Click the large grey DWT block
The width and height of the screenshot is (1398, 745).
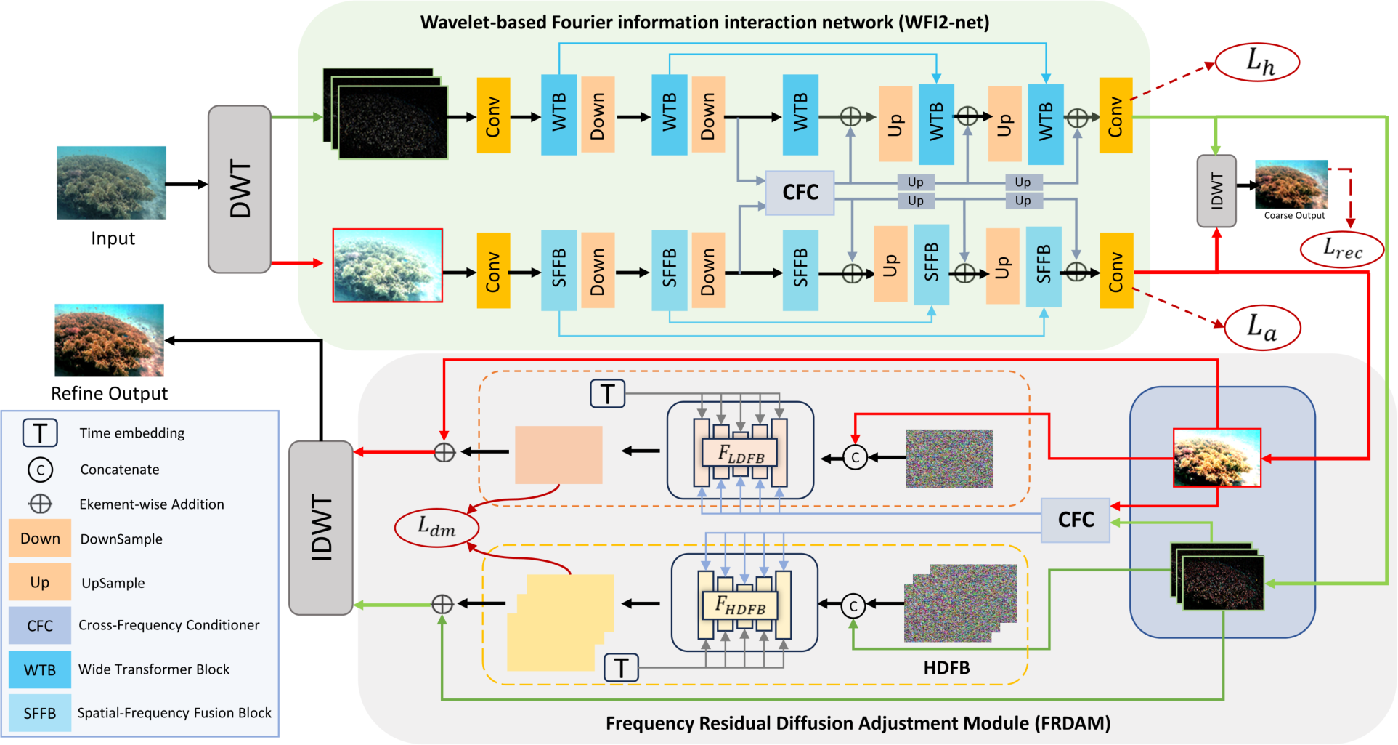pyautogui.click(x=240, y=189)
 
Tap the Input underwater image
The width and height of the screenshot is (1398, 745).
pyautogui.click(x=111, y=182)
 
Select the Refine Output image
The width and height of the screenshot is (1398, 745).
pyautogui.click(x=109, y=340)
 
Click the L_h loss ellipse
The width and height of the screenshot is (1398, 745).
pyautogui.click(x=1257, y=62)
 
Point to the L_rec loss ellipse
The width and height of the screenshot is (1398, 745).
pyautogui.click(x=1341, y=249)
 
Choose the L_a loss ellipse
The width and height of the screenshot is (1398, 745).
pyautogui.click(x=1262, y=327)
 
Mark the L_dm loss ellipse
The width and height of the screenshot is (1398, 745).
pyautogui.click(x=436, y=527)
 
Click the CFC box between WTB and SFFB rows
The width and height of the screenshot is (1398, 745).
pyautogui.click(x=800, y=193)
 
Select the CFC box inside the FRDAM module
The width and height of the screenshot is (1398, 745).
pyautogui.click(x=1075, y=520)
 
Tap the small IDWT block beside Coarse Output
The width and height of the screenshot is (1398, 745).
pyautogui.click(x=1216, y=190)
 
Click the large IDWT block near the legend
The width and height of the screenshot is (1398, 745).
pyautogui.click(x=321, y=528)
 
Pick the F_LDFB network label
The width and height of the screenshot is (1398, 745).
pyautogui.click(x=740, y=454)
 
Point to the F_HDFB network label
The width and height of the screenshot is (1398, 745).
pyautogui.click(x=740, y=605)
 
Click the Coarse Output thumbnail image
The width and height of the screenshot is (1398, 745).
pyautogui.click(x=1291, y=185)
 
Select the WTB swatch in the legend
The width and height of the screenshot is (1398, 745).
pyautogui.click(x=40, y=669)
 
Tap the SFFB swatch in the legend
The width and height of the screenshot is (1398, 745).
pyautogui.click(x=40, y=713)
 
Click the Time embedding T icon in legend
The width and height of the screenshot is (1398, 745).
pyautogui.click(x=40, y=433)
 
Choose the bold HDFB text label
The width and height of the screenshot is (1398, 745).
pyautogui.click(x=946, y=667)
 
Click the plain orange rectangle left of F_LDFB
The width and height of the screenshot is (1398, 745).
pyautogui.click(x=558, y=455)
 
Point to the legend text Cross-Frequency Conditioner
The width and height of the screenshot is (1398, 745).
pyautogui.click(x=168, y=625)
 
